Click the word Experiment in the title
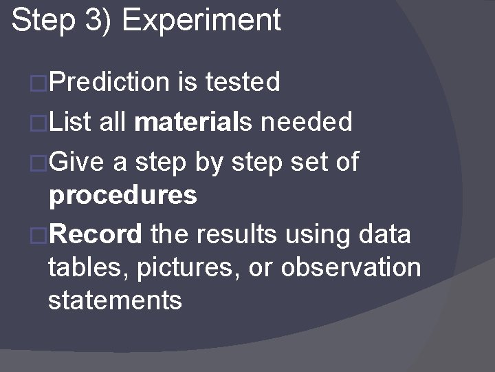coord(201,21)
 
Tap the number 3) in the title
coord(98,20)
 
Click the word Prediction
coord(109,83)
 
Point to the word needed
coord(309,123)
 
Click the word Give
coord(76,163)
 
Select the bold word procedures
coord(122,196)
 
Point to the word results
coord(236,234)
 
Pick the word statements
coord(115,300)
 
